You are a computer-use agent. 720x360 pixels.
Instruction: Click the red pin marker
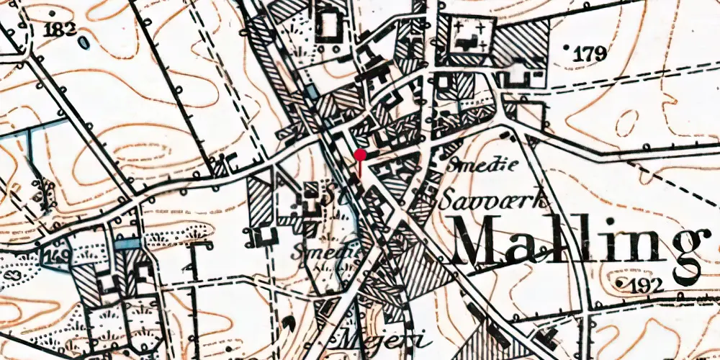tap(360, 154)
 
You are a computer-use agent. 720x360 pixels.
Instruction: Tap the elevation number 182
tap(60, 30)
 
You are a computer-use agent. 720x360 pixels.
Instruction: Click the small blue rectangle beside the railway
tap(310, 91)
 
